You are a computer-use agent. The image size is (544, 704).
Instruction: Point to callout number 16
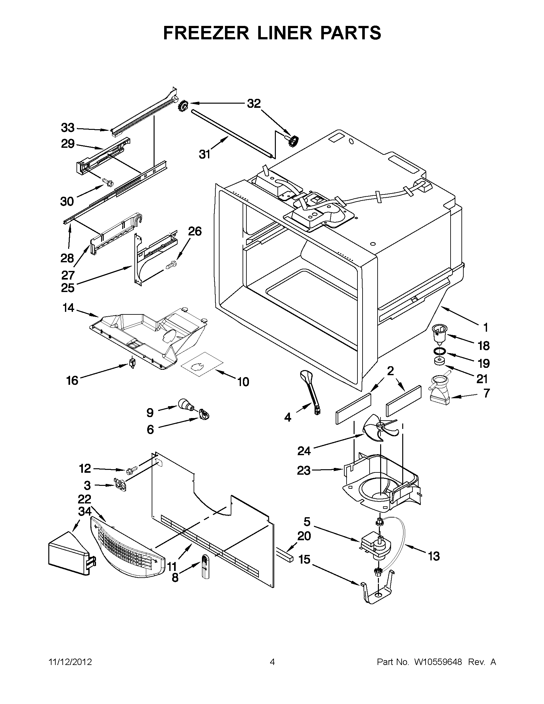(72, 380)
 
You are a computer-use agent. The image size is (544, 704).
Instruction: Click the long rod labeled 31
(232, 133)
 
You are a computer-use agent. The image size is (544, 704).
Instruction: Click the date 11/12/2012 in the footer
(70, 662)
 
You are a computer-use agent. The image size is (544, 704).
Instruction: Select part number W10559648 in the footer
(438, 662)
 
